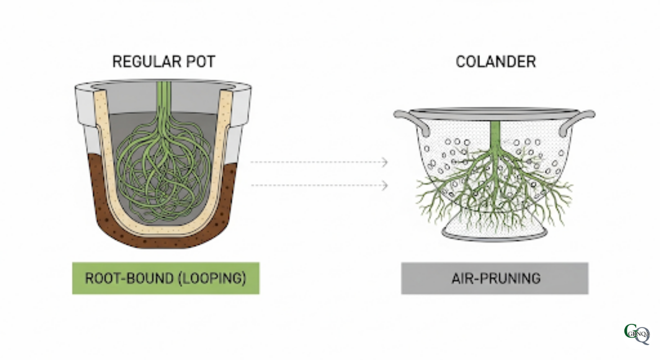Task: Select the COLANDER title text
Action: coord(496,62)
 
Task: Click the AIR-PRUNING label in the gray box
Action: coord(496,279)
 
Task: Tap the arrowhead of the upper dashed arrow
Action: coord(385,162)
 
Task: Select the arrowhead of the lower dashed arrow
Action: coord(385,185)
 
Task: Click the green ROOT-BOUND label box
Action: coord(166,279)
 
